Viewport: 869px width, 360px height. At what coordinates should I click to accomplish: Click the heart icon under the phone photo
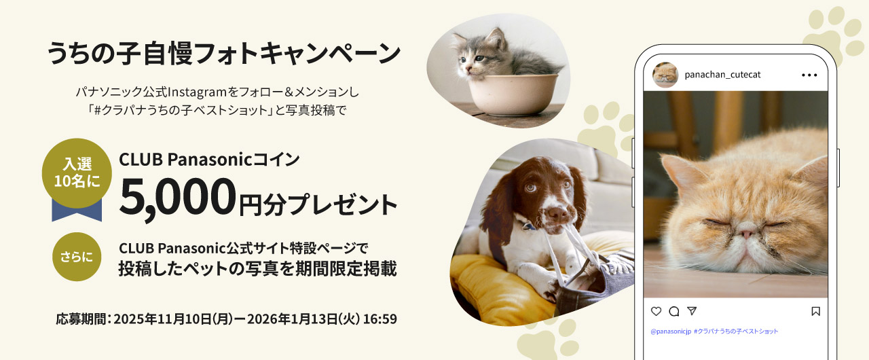pos(656,311)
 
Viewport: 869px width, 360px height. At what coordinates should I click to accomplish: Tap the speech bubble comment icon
pos(674,311)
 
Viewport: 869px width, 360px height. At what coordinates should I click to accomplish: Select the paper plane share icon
pos(692,311)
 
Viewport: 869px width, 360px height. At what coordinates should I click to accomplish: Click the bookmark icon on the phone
pos(815,311)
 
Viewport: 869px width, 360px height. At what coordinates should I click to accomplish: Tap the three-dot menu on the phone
pos(809,75)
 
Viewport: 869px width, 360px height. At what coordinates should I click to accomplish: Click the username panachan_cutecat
pos(723,75)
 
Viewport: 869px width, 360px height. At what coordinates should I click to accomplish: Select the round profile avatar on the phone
pos(665,75)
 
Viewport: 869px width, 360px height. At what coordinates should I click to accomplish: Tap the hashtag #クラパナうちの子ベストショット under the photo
pos(737,331)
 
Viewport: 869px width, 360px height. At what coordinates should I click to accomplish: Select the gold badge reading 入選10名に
pos(77,173)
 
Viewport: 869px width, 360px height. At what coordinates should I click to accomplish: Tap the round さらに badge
pos(77,257)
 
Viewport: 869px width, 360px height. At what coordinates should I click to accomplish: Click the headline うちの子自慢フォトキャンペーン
pos(223,54)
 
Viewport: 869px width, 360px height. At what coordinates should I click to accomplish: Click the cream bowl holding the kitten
pos(513,92)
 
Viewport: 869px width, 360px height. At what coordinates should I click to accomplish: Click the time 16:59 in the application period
pos(380,319)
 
